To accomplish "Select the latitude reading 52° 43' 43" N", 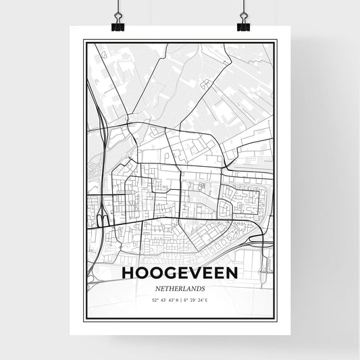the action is (163, 299).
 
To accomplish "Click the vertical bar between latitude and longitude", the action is (180, 299).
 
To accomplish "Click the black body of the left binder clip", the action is (118, 28).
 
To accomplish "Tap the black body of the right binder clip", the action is (242, 28).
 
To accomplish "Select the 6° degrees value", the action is (186, 299).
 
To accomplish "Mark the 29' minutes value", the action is (193, 299).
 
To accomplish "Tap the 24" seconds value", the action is (201, 299).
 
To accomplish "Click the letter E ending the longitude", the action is (209, 299).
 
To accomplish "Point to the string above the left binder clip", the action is (118, 5).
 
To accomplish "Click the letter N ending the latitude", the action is (175, 299).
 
